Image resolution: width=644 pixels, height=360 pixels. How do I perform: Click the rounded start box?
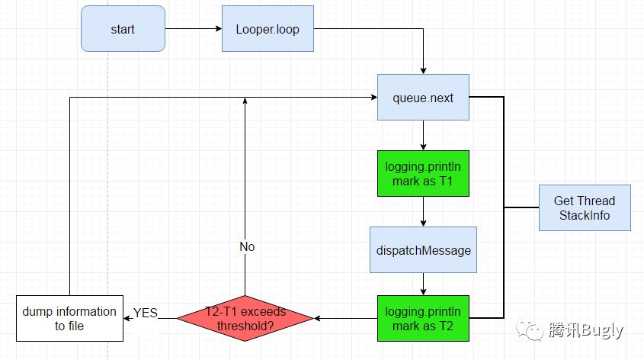click(123, 29)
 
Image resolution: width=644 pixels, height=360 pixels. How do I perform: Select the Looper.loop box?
click(268, 29)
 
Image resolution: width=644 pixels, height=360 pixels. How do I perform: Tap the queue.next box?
click(423, 97)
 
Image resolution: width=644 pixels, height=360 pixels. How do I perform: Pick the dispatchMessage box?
click(423, 249)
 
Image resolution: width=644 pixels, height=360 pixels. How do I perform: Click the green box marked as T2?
click(423, 318)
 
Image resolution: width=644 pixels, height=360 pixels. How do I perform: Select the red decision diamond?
click(245, 318)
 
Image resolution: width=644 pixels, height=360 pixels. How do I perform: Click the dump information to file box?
click(69, 318)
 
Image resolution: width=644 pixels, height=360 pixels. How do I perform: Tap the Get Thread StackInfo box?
click(585, 207)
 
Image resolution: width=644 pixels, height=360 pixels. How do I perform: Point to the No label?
click(246, 247)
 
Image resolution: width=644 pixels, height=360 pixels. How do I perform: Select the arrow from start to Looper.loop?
click(193, 29)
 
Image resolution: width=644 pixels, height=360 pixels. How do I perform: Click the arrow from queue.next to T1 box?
click(423, 135)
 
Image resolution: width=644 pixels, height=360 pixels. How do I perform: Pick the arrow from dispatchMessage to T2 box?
click(423, 284)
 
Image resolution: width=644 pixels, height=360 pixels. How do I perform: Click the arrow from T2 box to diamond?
click(345, 318)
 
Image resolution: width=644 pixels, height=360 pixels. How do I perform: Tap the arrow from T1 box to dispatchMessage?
click(423, 214)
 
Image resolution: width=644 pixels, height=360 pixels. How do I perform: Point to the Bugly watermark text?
click(585, 330)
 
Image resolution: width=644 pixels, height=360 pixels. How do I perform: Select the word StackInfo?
click(585, 215)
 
